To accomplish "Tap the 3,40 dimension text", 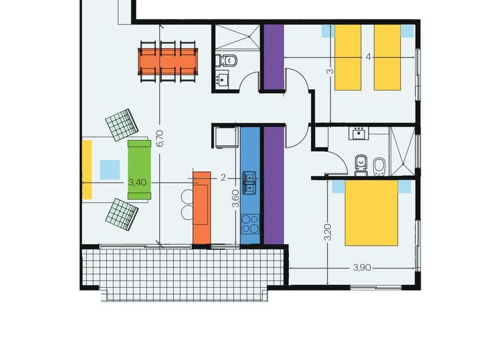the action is (x=137, y=182).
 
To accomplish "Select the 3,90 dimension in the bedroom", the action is (x=362, y=267).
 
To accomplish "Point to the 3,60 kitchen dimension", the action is (x=235, y=198).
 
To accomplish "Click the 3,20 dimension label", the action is (x=327, y=233).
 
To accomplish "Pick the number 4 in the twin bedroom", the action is (x=368, y=57).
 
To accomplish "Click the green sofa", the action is (x=139, y=170).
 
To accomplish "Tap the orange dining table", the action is (x=168, y=61).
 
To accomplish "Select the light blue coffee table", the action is (x=110, y=170).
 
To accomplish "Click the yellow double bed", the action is (x=371, y=213).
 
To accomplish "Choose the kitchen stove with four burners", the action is (x=250, y=224).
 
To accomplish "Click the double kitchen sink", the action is (x=250, y=182).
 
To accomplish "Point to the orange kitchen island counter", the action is (x=202, y=208).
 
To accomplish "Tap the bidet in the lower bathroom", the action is (x=379, y=167).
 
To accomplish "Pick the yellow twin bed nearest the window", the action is (x=387, y=57).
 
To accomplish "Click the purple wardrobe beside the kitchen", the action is (x=274, y=186).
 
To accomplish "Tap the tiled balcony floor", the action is (x=183, y=273).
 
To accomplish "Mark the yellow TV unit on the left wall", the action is (x=87, y=170).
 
